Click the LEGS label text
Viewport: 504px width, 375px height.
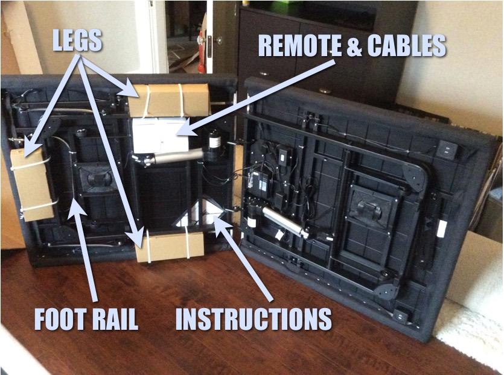pyautogui.click(x=77, y=41)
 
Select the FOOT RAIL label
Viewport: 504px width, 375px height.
pyautogui.click(x=86, y=320)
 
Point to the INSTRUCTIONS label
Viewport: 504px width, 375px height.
pyautogui.click(x=254, y=320)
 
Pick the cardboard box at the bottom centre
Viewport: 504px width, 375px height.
pyautogui.click(x=170, y=245)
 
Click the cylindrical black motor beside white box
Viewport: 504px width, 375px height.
pyautogui.click(x=214, y=145)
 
